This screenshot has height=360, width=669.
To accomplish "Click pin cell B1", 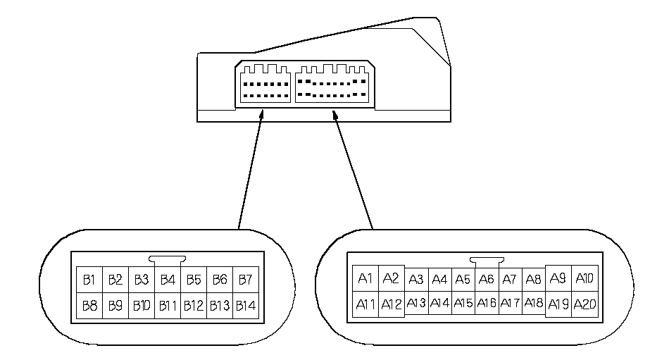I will pyautogui.click(x=89, y=280).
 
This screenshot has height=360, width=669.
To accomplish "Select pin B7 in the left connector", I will pyautogui.click(x=245, y=280).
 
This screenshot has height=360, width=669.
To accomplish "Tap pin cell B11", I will pyautogui.click(x=167, y=306).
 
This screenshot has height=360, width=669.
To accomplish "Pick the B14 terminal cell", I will pyautogui.click(x=245, y=306).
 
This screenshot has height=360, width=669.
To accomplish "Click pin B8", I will pyautogui.click(x=89, y=306).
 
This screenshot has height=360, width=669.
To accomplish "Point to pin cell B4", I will pyautogui.click(x=167, y=280).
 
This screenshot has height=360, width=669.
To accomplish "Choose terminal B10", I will pyautogui.click(x=141, y=306).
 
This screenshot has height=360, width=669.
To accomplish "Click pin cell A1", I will pyautogui.click(x=365, y=278).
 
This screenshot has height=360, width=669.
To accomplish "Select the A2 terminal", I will pyautogui.click(x=391, y=278).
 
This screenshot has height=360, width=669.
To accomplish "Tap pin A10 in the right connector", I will pyautogui.click(x=584, y=278).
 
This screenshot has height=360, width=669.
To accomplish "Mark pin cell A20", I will pyautogui.click(x=584, y=304).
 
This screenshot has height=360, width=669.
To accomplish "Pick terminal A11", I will pyautogui.click(x=365, y=304).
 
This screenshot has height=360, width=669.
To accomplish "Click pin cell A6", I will pyautogui.click(x=487, y=280).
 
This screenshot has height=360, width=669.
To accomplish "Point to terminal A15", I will pyautogui.click(x=463, y=303).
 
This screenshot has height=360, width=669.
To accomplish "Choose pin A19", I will pyautogui.click(x=558, y=304).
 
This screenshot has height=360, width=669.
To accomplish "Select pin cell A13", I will pyautogui.click(x=416, y=303).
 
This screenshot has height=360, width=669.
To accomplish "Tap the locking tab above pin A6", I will pyautogui.click(x=486, y=261).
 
